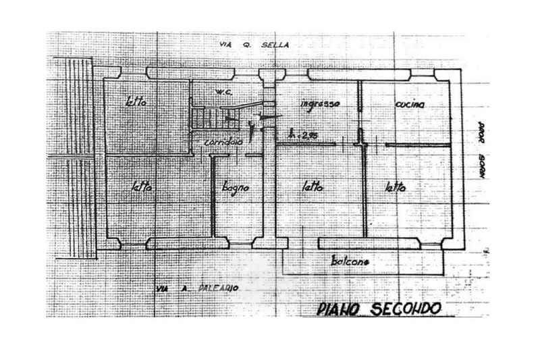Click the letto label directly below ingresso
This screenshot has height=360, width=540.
coord(313,187)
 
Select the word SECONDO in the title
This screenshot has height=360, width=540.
coord(403,309)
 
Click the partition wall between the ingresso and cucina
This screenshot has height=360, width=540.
coord(360,108)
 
